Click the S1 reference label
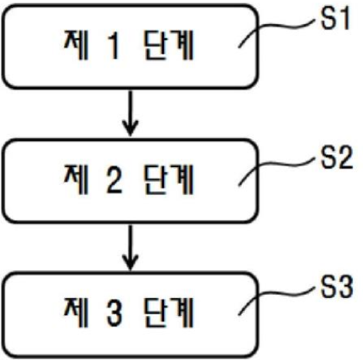point(334,18)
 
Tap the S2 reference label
point(336,157)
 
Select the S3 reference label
point(336,286)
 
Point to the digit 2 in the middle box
point(114,180)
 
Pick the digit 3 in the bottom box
point(114,313)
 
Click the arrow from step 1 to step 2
point(130,113)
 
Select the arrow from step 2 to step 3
point(130,248)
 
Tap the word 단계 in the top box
point(169,46)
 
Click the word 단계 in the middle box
point(169,180)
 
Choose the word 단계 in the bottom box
point(169,313)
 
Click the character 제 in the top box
point(76,46)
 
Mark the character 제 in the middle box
point(76,180)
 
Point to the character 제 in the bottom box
point(76,313)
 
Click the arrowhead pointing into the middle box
point(130,128)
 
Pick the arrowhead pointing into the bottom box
point(130,262)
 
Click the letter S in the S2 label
point(328,157)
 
